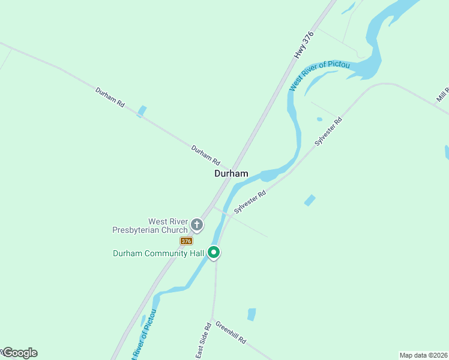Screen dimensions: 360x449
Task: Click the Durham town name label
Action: (231, 173)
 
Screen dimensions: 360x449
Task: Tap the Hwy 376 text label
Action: (304, 44)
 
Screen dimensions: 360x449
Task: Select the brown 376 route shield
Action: (186, 241)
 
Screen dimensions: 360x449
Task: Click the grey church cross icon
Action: (197, 225)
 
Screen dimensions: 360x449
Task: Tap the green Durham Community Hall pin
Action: (213, 253)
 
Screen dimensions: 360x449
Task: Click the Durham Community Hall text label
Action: (159, 253)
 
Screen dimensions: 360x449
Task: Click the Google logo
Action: (19, 353)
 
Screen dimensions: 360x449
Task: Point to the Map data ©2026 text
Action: (424, 355)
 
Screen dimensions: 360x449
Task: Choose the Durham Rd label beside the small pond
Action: (110, 97)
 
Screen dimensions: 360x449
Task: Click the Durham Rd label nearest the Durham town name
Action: (206, 155)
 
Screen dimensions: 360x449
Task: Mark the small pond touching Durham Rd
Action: (142, 112)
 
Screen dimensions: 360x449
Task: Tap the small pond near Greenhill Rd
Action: (252, 314)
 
